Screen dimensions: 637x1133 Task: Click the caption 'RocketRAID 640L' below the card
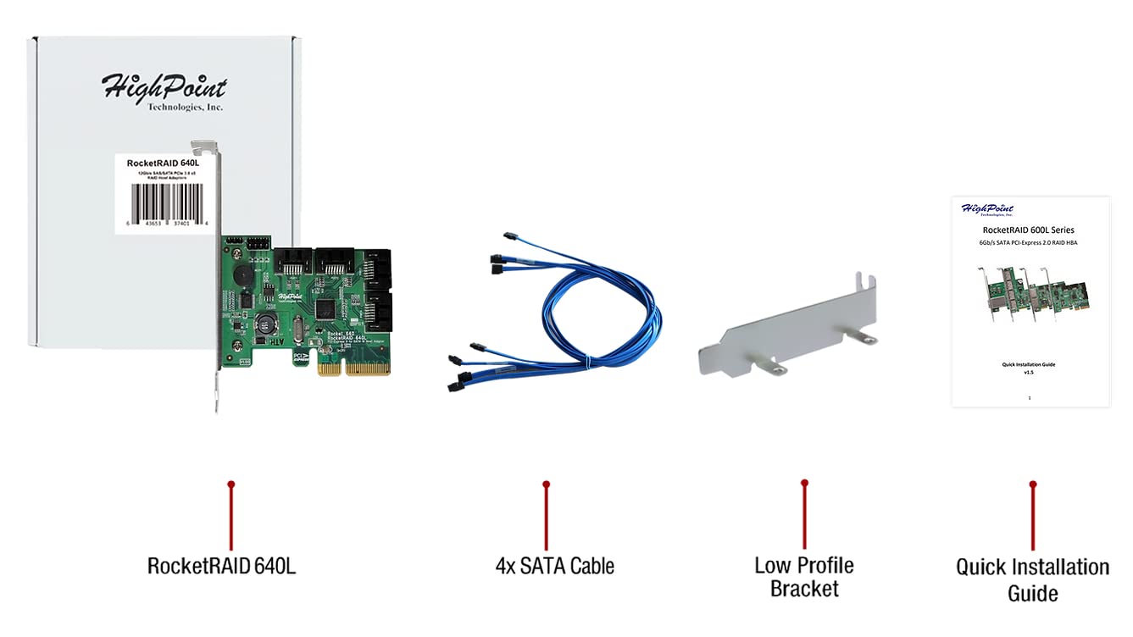point(221,566)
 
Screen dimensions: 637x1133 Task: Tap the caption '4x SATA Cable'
point(554,566)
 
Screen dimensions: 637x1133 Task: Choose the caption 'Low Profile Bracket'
point(804,576)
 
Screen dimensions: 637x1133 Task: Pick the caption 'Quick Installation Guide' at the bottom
point(1032,579)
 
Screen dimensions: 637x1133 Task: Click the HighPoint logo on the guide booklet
point(988,209)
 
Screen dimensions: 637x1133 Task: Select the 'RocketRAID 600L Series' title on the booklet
point(1028,230)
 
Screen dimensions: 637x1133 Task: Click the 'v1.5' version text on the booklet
point(1029,372)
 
